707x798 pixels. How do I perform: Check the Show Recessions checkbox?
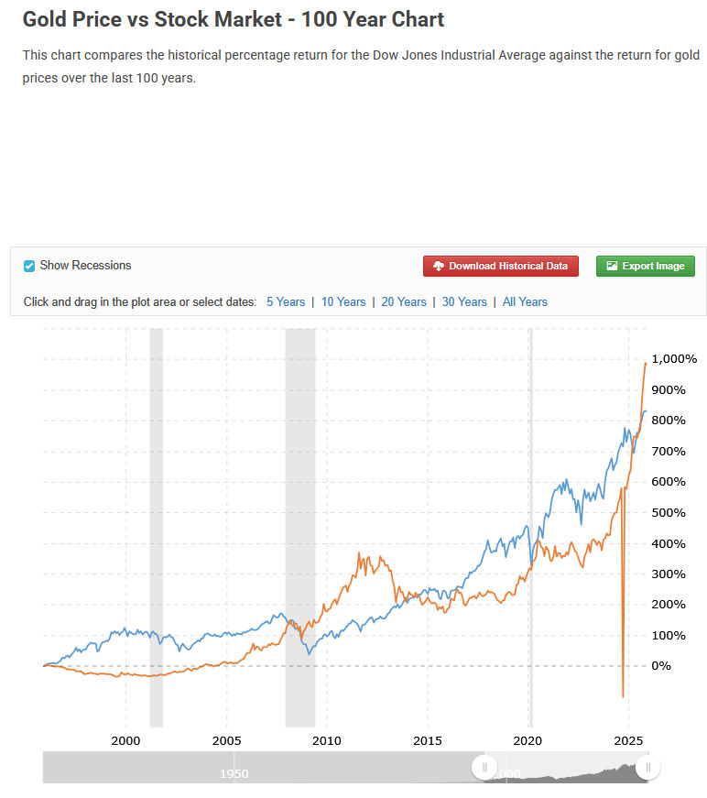pos(29,266)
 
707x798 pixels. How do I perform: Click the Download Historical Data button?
pos(501,266)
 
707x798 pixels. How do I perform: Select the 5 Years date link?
pos(286,301)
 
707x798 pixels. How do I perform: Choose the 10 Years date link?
pos(343,301)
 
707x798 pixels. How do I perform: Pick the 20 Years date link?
pos(404,301)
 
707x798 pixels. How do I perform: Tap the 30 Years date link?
pos(464,301)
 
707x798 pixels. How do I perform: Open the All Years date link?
pos(525,301)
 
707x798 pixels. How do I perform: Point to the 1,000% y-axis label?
pos(673,359)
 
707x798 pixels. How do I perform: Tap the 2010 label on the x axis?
pos(327,739)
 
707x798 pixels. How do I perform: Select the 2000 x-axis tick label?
pos(125,739)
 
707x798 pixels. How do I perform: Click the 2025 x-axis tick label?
pos(627,739)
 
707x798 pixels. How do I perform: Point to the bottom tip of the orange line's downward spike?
pos(623,697)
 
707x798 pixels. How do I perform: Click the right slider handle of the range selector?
pos(648,768)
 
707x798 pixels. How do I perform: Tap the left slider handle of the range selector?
pos(484,768)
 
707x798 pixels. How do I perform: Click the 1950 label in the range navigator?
pos(234,774)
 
